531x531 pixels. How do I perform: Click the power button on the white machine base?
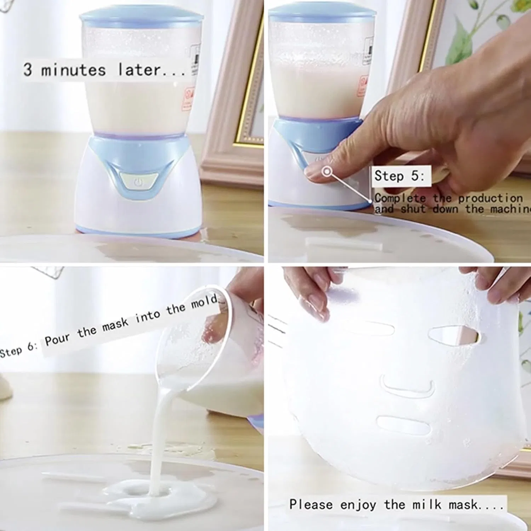coord(138,182)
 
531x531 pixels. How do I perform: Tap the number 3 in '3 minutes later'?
coord(28,69)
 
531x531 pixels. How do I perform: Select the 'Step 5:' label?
coord(399,176)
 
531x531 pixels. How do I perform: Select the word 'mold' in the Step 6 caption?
coord(204,303)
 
